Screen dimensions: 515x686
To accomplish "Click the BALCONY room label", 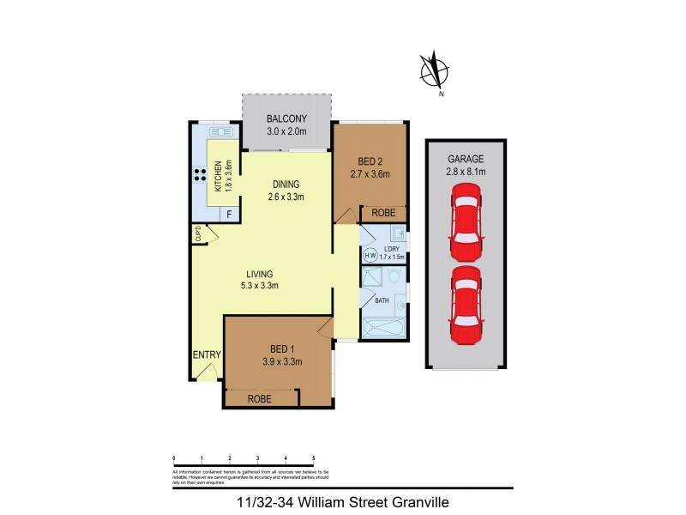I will click(286, 119).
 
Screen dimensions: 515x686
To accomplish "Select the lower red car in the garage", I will click(466, 301).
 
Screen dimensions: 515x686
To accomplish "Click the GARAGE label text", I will click(466, 160).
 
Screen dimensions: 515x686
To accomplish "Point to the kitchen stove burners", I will click(198, 178).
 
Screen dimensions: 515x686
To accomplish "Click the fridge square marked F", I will click(229, 215).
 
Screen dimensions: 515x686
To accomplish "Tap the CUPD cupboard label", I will click(197, 233).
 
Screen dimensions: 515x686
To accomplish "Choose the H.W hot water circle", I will click(370, 255).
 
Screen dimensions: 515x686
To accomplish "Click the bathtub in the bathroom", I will click(382, 328).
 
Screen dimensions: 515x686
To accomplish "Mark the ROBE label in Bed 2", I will click(382, 213).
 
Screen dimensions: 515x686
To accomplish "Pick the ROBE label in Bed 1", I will click(260, 398).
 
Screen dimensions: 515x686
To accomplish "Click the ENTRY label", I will click(207, 355).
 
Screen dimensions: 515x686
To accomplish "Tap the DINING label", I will click(286, 184).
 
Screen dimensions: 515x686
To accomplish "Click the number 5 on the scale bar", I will click(314, 459).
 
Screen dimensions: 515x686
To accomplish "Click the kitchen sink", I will click(221, 132).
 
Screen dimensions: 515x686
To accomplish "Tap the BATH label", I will click(382, 301).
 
